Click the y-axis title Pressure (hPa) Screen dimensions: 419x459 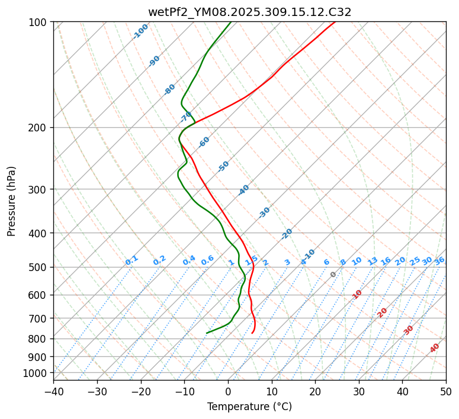[x=12, y=201]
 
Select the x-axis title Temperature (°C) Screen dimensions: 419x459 [x=249, y=407]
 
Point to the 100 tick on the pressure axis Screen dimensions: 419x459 [x=40, y=22]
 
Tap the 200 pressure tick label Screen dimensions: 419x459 [x=40, y=128]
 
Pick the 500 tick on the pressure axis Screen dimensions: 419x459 [x=40, y=267]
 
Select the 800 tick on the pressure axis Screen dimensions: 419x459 [x=40, y=339]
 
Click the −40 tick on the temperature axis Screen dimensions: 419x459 [x=53, y=391]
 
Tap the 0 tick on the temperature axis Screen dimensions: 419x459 [x=228, y=391]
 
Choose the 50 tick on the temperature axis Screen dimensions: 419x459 [x=446, y=391]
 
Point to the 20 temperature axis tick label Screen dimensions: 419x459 [x=315, y=391]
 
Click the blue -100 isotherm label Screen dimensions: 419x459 [x=140, y=31]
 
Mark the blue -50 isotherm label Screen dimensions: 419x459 [x=223, y=166]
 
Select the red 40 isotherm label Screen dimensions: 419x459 [x=435, y=348]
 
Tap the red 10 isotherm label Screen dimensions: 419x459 [x=357, y=294]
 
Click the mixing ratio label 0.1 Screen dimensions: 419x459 [x=131, y=260]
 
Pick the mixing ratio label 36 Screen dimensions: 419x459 [x=439, y=261]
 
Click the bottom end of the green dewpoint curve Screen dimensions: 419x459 [x=207, y=333]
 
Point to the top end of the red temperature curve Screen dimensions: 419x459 [x=335, y=22]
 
